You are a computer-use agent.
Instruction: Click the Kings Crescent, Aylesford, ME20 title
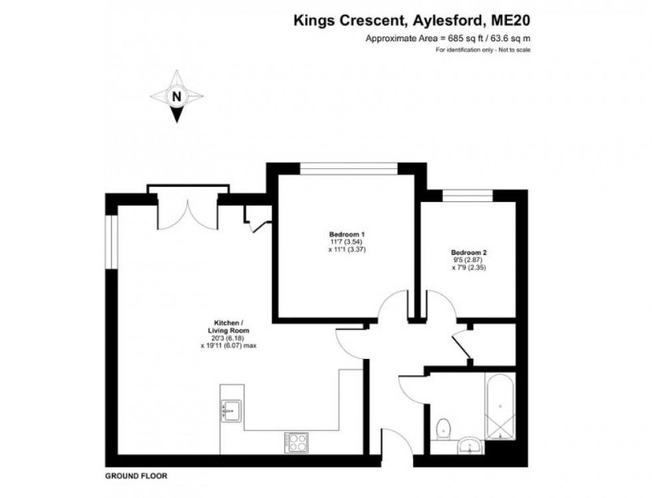pos(412,21)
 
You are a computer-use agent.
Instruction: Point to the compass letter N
pos(176,96)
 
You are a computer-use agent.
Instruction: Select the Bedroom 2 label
pos(469,253)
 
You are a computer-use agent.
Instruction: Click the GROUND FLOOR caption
pos(136,476)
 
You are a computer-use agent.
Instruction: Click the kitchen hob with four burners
pos(296,441)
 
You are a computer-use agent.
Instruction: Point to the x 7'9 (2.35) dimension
pos(469,268)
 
